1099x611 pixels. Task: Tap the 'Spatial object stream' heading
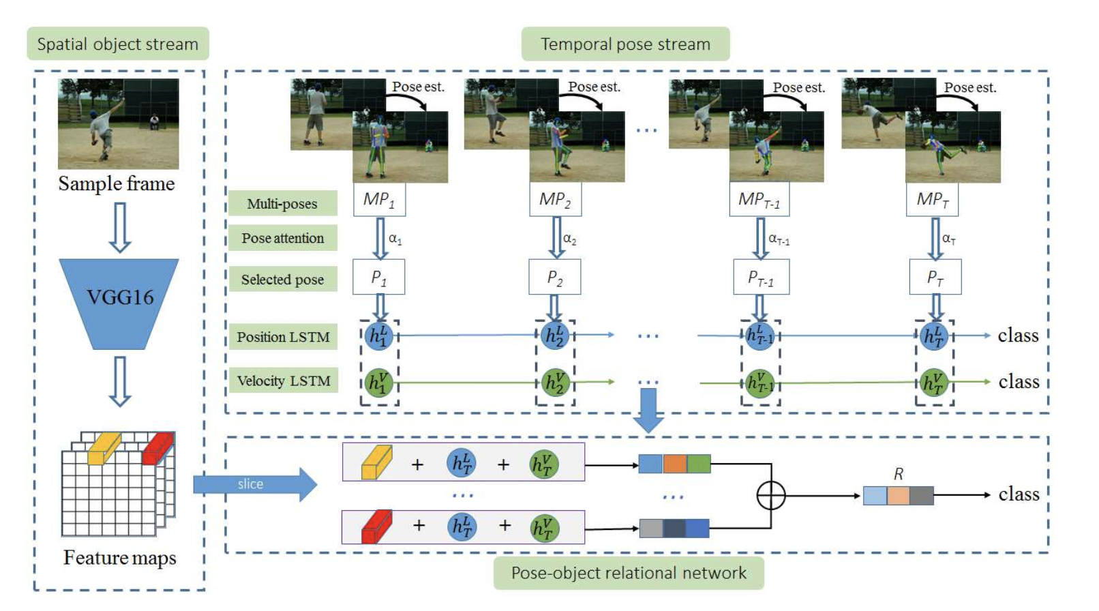coord(117,44)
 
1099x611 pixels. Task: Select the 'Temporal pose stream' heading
coord(625,44)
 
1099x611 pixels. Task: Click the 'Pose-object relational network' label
coord(628,573)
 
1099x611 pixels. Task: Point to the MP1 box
coord(379,200)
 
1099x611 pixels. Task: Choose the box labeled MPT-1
coord(759,200)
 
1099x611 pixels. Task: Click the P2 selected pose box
coord(555,278)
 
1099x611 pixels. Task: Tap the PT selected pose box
coord(935,278)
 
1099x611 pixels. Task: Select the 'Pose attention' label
coord(282,238)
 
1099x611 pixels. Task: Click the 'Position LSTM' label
coord(283,337)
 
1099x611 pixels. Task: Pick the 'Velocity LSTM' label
coord(283,381)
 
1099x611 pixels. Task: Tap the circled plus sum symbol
coord(771,496)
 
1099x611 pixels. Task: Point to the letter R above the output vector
coord(899,474)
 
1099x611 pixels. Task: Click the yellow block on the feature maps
coord(104,448)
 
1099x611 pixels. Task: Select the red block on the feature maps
coord(158,448)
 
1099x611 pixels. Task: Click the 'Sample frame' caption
coord(117,184)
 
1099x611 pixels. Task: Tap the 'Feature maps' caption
coord(119,558)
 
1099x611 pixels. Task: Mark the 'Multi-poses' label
coord(282,203)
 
